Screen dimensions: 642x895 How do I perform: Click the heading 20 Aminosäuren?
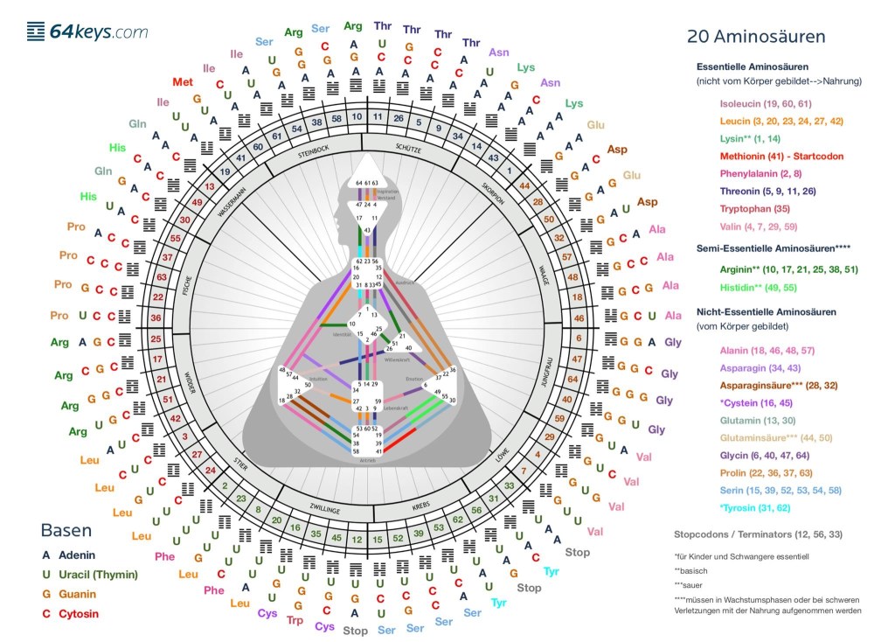[756, 37]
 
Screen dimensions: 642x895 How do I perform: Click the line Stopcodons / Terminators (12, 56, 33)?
[760, 534]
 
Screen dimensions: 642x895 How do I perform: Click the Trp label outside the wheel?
[295, 620]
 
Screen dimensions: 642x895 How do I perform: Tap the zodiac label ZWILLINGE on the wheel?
[318, 505]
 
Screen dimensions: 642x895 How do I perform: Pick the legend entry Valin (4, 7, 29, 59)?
[758, 227]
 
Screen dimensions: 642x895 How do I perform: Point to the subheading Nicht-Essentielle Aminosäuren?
[767, 312]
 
